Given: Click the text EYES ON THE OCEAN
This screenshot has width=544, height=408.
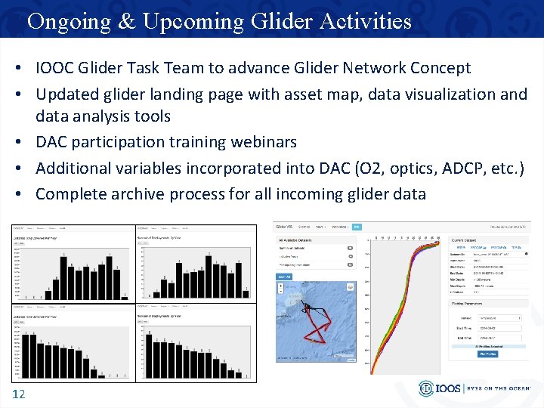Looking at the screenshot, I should click(499, 388).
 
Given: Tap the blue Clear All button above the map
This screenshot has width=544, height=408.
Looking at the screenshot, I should click(284, 277).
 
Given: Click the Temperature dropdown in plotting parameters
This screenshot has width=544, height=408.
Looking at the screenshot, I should click(499, 319).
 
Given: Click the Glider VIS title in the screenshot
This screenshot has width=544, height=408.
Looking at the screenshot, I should click(285, 226).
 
